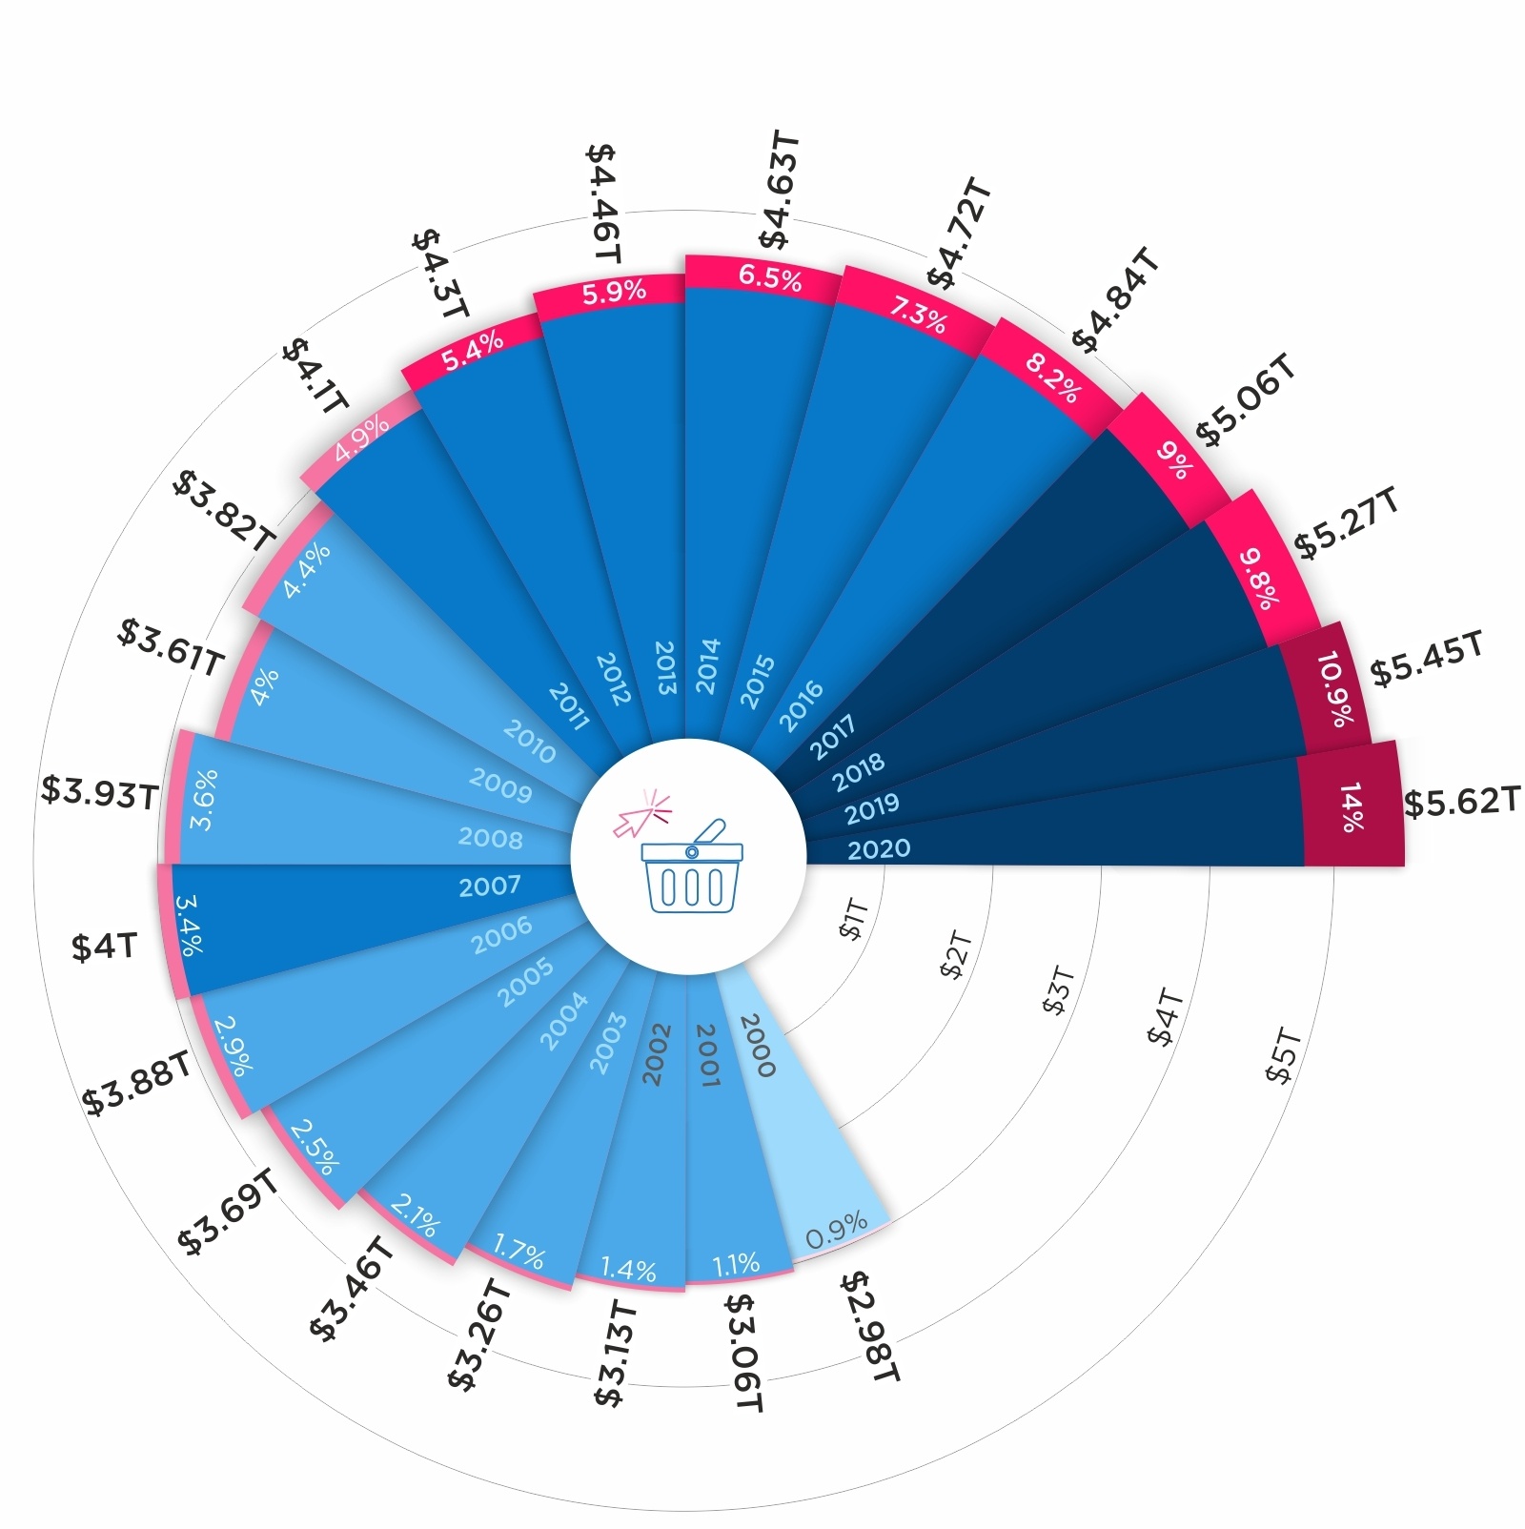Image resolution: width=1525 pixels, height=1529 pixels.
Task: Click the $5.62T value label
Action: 1461,802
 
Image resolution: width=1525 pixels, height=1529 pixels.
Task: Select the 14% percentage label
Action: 1352,807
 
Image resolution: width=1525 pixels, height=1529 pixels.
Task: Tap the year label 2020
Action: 879,848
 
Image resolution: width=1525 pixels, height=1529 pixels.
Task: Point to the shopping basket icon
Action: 691,869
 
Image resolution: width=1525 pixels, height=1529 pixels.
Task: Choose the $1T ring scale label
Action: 854,919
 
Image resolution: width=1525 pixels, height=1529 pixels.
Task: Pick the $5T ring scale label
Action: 1283,1055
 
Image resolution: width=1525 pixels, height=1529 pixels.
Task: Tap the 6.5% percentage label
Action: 770,278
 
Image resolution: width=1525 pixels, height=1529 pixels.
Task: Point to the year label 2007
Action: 490,887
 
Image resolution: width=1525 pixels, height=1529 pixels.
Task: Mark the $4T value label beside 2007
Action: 105,947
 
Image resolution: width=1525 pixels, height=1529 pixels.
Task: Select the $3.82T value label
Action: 222,510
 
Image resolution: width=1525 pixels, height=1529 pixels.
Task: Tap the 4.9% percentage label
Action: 361,438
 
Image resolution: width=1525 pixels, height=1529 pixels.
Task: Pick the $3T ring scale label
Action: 1059,990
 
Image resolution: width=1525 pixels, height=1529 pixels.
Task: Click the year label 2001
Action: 707,1054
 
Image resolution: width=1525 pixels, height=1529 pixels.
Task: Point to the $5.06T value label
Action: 1246,400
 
